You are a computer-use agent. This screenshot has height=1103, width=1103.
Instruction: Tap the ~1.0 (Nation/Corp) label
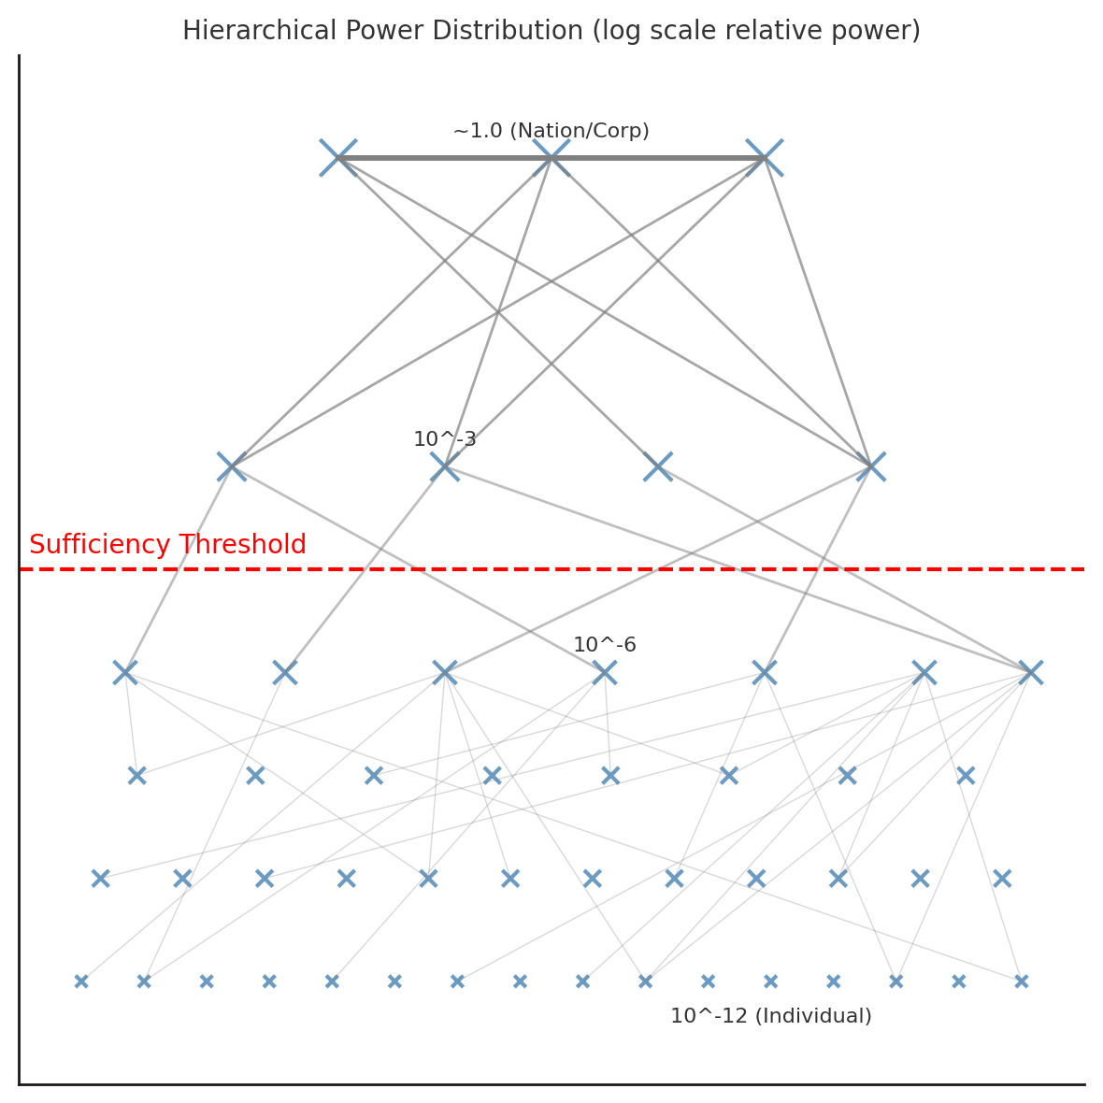[x=551, y=132]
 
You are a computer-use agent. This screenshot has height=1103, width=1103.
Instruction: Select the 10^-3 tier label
[x=445, y=439]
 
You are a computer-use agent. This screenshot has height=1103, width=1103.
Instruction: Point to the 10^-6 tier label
[x=605, y=645]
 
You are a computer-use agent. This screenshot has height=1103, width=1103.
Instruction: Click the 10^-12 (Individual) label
[x=770, y=1016]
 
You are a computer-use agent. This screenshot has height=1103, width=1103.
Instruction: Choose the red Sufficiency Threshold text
[x=167, y=545]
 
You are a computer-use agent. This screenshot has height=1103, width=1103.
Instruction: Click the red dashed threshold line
[x=654, y=568]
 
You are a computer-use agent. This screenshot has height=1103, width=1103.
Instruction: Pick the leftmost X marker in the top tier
[x=338, y=158]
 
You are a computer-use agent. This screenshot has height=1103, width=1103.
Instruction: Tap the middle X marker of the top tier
[x=551, y=158]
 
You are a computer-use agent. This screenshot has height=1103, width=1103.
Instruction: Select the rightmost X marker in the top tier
[x=765, y=158]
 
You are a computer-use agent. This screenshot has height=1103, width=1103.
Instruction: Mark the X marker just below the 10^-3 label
[x=445, y=466]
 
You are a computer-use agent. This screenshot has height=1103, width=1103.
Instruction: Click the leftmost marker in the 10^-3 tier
[x=232, y=466]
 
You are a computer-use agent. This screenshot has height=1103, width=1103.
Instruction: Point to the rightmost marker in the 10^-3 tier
[x=871, y=466]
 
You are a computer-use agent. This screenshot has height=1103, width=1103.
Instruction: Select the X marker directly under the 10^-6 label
[x=605, y=672]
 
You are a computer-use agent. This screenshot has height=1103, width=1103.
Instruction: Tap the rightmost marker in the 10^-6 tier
[x=1031, y=672]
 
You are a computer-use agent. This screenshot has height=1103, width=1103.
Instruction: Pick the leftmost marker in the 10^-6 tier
[x=125, y=672]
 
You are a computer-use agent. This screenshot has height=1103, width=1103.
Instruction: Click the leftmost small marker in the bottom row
[x=81, y=981]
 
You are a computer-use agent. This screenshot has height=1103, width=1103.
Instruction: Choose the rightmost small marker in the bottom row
[x=1022, y=981]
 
